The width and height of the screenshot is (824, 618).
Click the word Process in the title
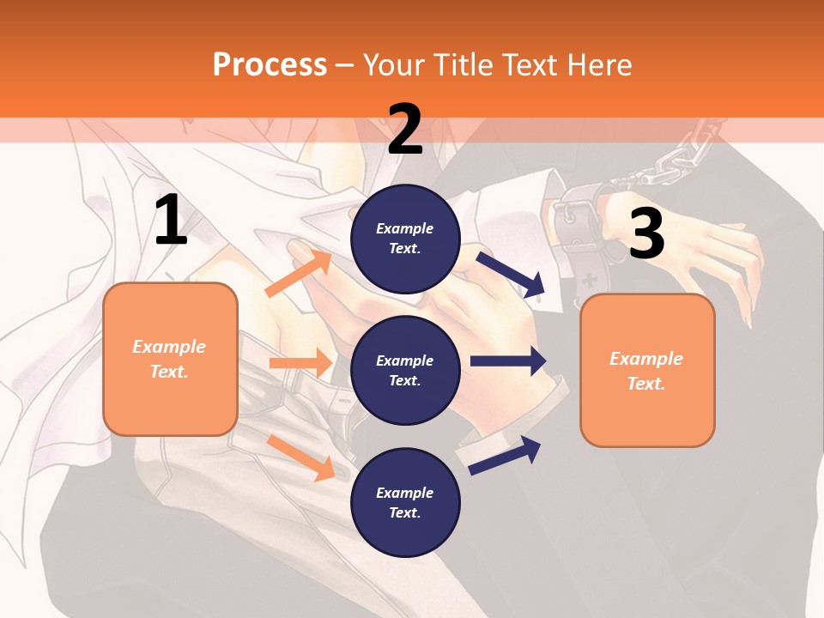click(x=270, y=64)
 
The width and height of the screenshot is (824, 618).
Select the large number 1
click(x=171, y=221)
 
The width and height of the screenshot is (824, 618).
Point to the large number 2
click(x=405, y=130)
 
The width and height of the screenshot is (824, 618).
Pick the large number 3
click(x=646, y=233)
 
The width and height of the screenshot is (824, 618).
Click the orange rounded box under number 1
click(x=170, y=359)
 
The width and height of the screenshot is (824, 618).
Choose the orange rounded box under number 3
click(x=647, y=370)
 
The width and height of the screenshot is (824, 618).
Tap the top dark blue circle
click(x=405, y=239)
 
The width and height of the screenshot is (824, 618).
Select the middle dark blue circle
click(x=405, y=371)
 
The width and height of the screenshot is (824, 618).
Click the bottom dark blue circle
click(x=405, y=502)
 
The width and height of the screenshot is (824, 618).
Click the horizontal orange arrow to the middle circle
click(x=300, y=363)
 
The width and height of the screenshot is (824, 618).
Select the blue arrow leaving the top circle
click(x=512, y=274)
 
